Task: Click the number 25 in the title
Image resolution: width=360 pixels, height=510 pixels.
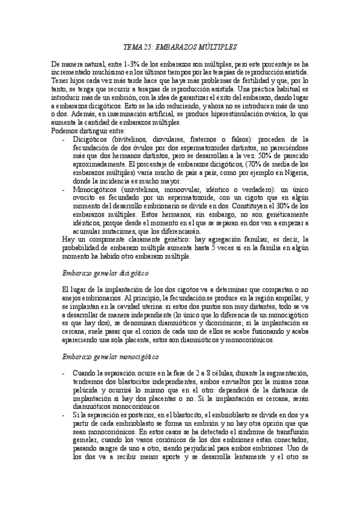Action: point(148,46)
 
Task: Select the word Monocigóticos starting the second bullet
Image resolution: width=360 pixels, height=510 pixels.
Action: point(100,189)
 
